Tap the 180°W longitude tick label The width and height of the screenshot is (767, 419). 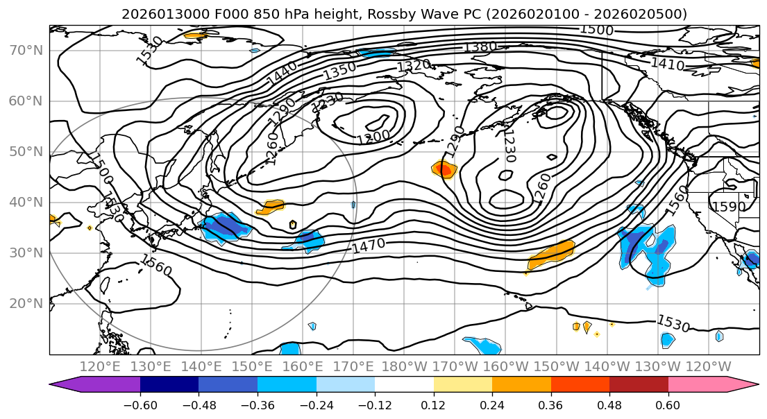[403, 366]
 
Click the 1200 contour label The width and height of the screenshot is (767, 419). [373, 137]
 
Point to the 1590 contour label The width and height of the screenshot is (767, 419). [728, 207]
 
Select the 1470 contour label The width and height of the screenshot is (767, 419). [369, 245]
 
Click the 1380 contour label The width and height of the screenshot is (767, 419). [480, 47]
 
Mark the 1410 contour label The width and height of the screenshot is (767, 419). [667, 65]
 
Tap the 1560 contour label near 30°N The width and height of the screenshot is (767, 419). [155, 265]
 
